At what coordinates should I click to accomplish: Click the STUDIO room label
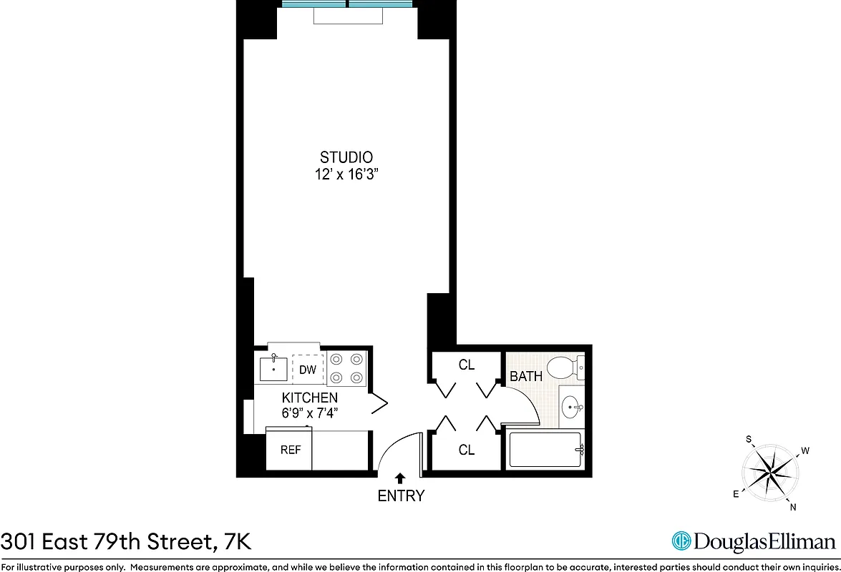coord(346,157)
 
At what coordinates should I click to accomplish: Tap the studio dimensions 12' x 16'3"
coord(346,175)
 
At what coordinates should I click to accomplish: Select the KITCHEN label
coord(309,398)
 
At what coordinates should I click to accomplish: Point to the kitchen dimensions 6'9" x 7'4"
coord(309,413)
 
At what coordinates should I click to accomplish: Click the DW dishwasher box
coord(308,370)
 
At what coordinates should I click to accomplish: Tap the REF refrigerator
coord(290,450)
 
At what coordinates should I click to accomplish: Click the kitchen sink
coord(274,370)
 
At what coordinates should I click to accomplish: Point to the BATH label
coord(526,376)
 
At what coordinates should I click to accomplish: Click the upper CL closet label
coord(467,365)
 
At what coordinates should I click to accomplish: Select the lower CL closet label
coord(467,450)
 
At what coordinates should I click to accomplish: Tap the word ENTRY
coord(401,495)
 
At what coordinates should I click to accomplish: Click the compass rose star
coord(770,471)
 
